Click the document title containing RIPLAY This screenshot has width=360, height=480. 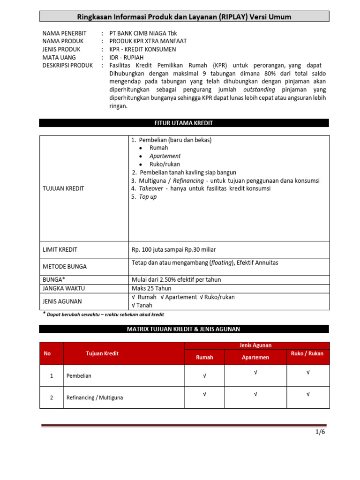click(184, 17)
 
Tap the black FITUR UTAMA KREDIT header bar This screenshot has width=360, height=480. click(184, 123)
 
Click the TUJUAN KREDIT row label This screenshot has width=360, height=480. click(63, 188)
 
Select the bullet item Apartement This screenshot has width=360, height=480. click(165, 156)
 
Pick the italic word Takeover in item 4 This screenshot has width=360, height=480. click(151, 188)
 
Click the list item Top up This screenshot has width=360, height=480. click(148, 197)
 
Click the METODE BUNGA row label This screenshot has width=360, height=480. click(65, 266)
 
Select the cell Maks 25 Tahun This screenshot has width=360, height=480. click(152, 288)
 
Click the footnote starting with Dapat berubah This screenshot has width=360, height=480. click(105, 315)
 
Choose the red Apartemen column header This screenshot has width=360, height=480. click(255, 357)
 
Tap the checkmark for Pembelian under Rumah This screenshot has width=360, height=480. click(204, 375)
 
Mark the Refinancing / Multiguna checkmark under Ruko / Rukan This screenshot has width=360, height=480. click(308, 395)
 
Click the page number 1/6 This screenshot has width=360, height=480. click(320, 432)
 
